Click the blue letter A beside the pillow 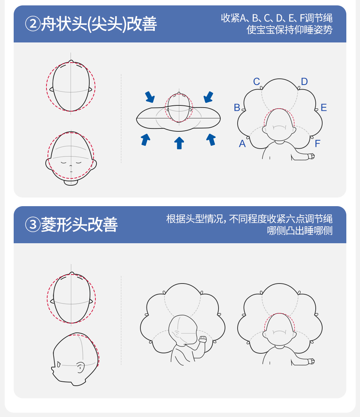(242, 144)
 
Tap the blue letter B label (237, 108)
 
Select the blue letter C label (256, 82)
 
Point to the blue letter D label (305, 81)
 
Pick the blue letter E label (324, 108)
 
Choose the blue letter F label (318, 144)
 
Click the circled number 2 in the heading (32, 24)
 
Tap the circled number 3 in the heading (32, 224)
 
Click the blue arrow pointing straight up (179, 143)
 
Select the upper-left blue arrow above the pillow (150, 97)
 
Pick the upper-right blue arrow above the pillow (208, 97)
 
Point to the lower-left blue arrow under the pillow (145, 140)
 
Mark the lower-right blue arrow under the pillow (211, 140)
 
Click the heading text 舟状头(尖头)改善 (99, 24)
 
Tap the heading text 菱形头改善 (79, 225)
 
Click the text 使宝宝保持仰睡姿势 (289, 30)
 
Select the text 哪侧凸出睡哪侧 (300, 230)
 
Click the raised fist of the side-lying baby (203, 339)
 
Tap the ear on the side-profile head (80, 367)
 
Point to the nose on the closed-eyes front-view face (71, 166)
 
